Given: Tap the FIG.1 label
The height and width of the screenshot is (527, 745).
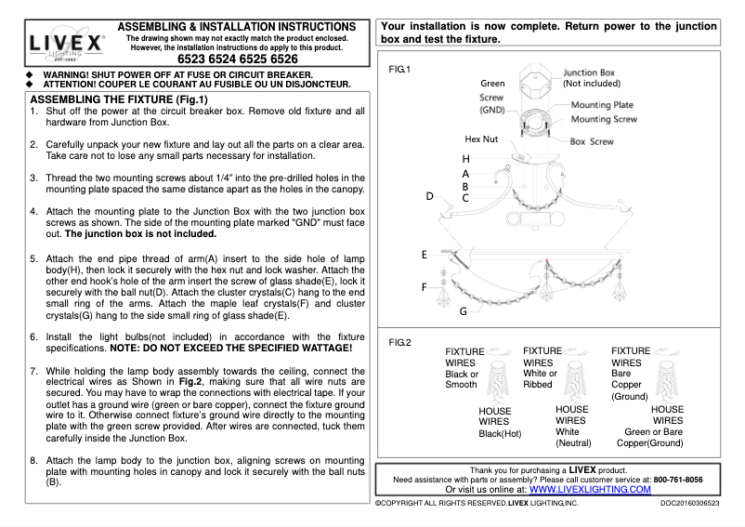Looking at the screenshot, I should tap(399, 70).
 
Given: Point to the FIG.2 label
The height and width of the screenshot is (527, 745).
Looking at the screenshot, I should tap(399, 342).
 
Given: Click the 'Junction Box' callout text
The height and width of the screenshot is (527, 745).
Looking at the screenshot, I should tap(589, 72).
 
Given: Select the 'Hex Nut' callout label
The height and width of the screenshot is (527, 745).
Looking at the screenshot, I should tap(481, 139).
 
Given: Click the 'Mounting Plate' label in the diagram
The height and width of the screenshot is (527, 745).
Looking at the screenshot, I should tap(602, 105).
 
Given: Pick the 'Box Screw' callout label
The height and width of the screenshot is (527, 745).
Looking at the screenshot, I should tap(592, 142).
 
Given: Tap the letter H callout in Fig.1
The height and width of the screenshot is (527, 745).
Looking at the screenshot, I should tap(465, 159).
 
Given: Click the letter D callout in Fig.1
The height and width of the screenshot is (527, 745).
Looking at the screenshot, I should tap(430, 196).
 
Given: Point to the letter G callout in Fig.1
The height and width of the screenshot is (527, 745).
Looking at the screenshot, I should tap(463, 311).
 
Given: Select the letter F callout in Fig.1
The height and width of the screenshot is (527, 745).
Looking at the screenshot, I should tap(425, 288).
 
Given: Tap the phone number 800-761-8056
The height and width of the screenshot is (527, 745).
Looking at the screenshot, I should tap(677, 480).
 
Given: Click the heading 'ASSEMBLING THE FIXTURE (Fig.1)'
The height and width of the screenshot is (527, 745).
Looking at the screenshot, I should tap(120, 99).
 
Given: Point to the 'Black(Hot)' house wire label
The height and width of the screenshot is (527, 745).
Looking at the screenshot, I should tap(501, 433).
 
